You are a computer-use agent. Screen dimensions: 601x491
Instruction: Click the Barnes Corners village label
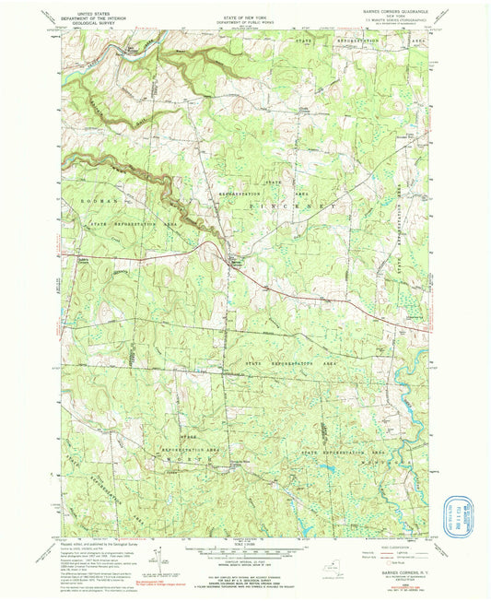[236, 263]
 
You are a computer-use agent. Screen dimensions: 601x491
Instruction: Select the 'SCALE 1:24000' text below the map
[244, 542]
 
